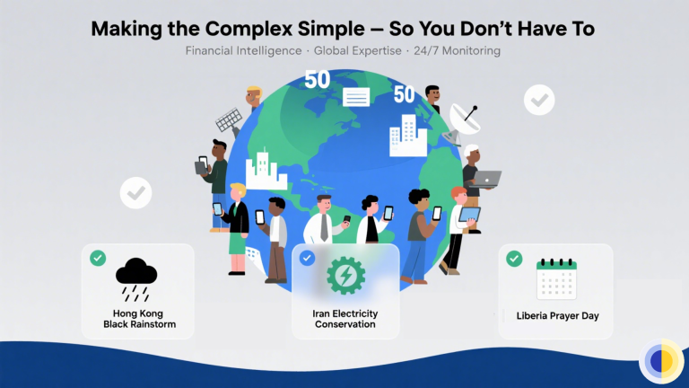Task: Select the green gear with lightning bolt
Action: (x=344, y=275)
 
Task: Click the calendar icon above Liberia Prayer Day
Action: (x=556, y=278)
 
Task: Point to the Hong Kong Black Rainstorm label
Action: (x=138, y=319)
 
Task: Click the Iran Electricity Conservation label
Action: (x=345, y=319)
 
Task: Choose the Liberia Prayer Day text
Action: (x=556, y=316)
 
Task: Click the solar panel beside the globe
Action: (x=230, y=121)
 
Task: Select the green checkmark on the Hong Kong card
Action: (x=98, y=259)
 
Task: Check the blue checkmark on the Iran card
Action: (x=307, y=259)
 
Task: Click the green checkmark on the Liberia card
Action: (x=514, y=259)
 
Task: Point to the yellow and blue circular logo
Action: (x=661, y=361)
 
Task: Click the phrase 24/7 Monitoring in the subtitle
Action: (x=457, y=51)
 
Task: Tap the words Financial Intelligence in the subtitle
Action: (x=243, y=51)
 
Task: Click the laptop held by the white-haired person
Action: (x=487, y=179)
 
